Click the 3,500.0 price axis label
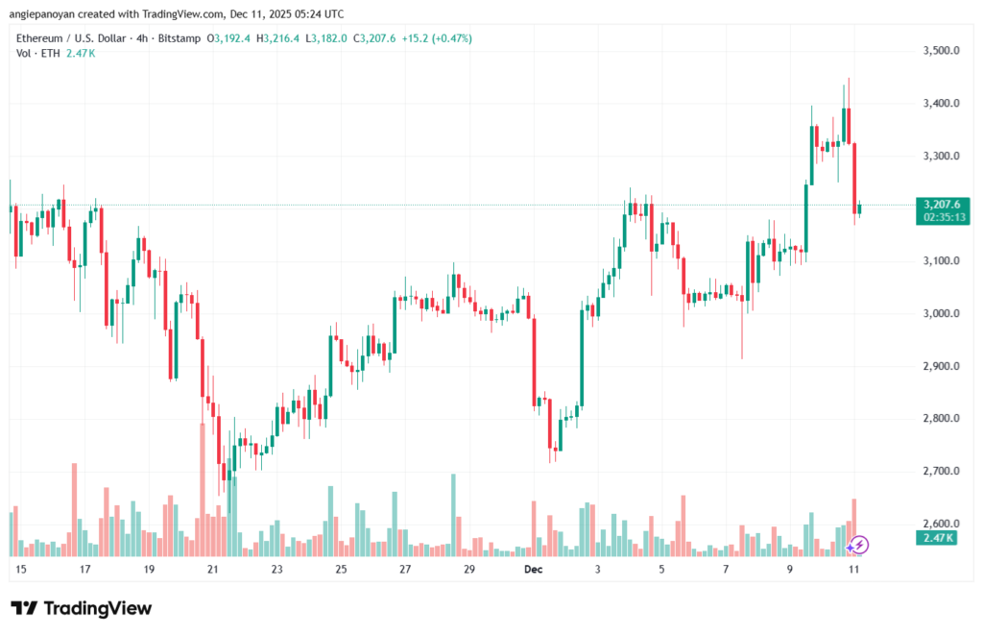[x=939, y=50]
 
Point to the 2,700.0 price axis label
[x=939, y=471]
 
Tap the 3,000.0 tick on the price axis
[x=939, y=313]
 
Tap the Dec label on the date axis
[x=534, y=570]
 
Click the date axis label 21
[x=213, y=570]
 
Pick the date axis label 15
[x=20, y=570]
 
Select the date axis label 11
[x=854, y=570]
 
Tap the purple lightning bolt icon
[x=859, y=546]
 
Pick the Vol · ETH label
[x=36, y=53]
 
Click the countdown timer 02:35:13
[x=945, y=218]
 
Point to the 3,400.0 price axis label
[x=939, y=103]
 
